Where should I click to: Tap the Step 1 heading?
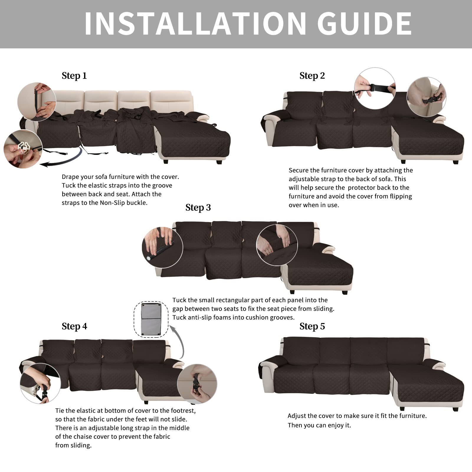click(x=74, y=76)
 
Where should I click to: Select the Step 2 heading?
click(x=312, y=76)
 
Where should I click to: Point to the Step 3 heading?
click(x=198, y=208)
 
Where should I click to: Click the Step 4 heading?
click(x=74, y=327)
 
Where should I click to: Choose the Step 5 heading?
click(x=312, y=327)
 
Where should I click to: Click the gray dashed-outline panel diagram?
click(x=151, y=319)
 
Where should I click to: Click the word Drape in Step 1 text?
click(x=70, y=177)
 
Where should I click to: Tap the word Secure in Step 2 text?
click(x=299, y=171)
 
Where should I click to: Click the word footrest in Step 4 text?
click(x=183, y=411)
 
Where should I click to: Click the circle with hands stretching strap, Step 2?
click(x=375, y=88)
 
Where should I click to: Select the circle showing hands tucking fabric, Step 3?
click(x=277, y=245)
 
